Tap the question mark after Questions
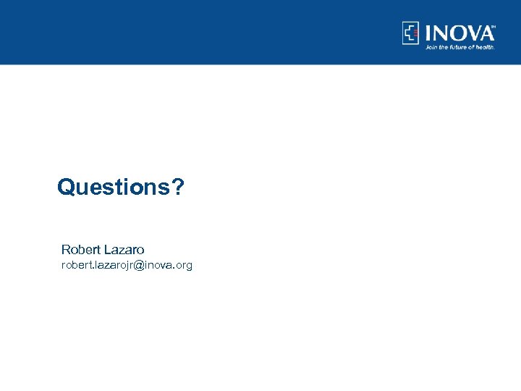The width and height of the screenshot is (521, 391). pos(177,188)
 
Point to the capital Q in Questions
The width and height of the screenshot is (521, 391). pos(66,188)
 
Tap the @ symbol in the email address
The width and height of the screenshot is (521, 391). pos(140,266)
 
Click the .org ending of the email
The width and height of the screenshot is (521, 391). pos(183,266)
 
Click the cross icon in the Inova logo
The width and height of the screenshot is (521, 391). pos(411,33)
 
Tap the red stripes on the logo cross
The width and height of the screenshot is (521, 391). pos(415,33)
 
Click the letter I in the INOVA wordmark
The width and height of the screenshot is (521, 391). pos(428,33)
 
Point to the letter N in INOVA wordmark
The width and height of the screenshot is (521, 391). pos(440,33)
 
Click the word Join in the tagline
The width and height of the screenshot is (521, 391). pos(432,46)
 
